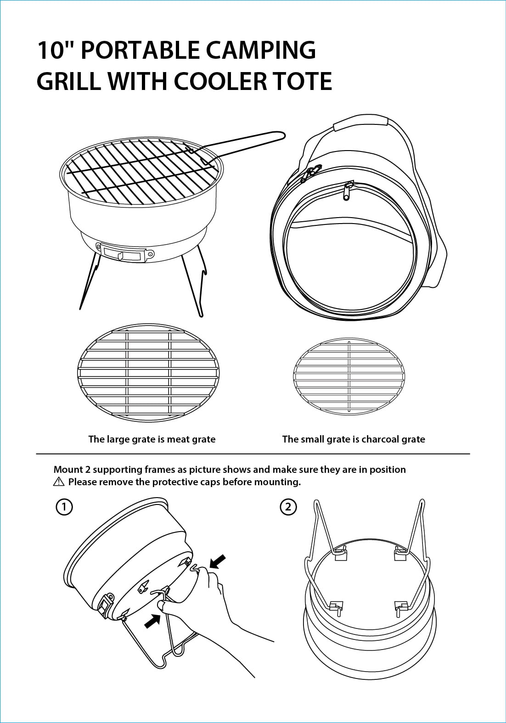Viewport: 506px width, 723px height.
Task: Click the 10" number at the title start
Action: (x=55, y=50)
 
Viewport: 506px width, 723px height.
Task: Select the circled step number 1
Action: (x=64, y=507)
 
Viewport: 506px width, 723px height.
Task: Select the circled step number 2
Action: (x=288, y=507)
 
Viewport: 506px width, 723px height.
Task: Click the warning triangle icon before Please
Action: (x=59, y=482)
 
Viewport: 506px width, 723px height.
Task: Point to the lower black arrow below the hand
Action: (x=152, y=621)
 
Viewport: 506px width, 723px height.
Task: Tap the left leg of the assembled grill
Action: (x=90, y=280)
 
